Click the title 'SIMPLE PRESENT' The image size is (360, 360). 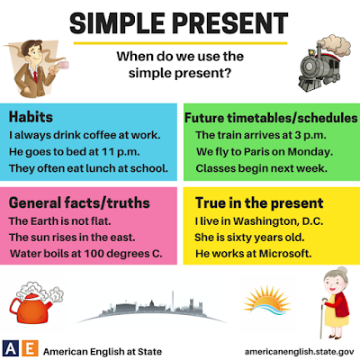(180, 20)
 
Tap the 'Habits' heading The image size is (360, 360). (30, 118)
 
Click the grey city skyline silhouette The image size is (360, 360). (148, 310)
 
